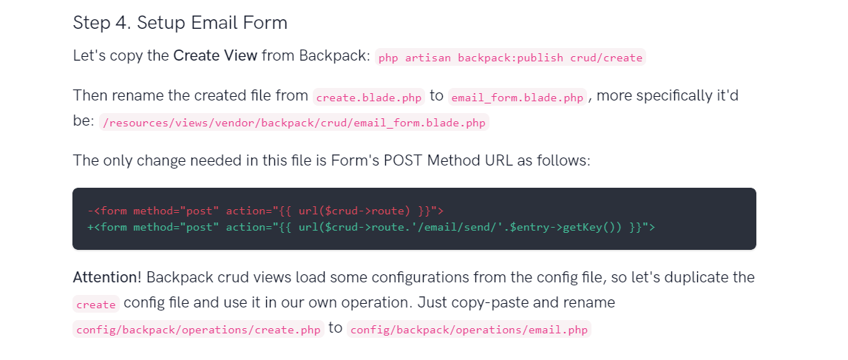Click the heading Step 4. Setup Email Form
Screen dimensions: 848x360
pos(180,23)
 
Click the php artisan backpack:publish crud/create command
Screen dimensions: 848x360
pos(511,58)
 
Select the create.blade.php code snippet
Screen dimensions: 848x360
pos(369,98)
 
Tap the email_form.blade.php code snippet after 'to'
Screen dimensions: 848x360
pos(518,98)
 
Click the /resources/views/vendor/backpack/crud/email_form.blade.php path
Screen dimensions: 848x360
pos(294,123)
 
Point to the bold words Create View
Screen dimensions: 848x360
pos(215,55)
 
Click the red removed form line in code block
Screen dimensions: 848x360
pos(265,211)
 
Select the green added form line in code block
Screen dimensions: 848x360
pos(371,227)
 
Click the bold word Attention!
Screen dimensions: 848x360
pos(107,277)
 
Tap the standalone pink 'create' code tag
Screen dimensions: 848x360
pos(96,305)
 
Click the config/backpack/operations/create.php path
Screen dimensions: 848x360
pos(198,330)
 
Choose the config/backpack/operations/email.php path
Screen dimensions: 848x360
pos(469,330)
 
